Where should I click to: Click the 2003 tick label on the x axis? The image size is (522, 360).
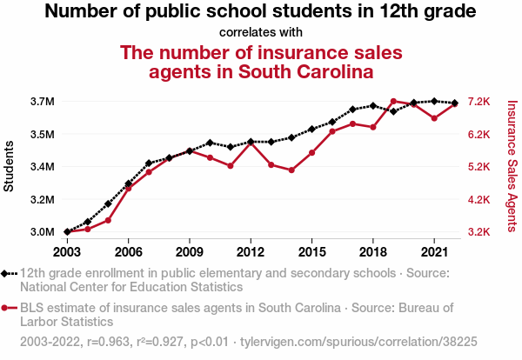[x=67, y=251]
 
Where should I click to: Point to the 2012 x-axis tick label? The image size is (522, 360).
[x=250, y=251]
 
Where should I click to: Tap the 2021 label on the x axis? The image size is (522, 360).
[x=433, y=251]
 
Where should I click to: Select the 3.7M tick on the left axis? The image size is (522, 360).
[x=42, y=102]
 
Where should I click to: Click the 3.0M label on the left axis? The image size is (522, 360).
[x=42, y=232]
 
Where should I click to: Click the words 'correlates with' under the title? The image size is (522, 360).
[x=261, y=32]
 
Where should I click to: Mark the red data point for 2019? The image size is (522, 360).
[x=393, y=102]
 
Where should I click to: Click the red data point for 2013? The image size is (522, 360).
[x=271, y=164]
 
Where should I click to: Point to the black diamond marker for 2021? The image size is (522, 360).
[x=434, y=101]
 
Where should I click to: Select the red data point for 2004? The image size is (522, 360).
[x=88, y=229]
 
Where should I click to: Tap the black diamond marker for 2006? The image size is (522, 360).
[x=128, y=183]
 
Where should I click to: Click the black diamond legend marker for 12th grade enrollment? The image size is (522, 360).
[x=6, y=273]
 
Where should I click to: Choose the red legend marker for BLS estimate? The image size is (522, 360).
[x=6, y=307]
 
